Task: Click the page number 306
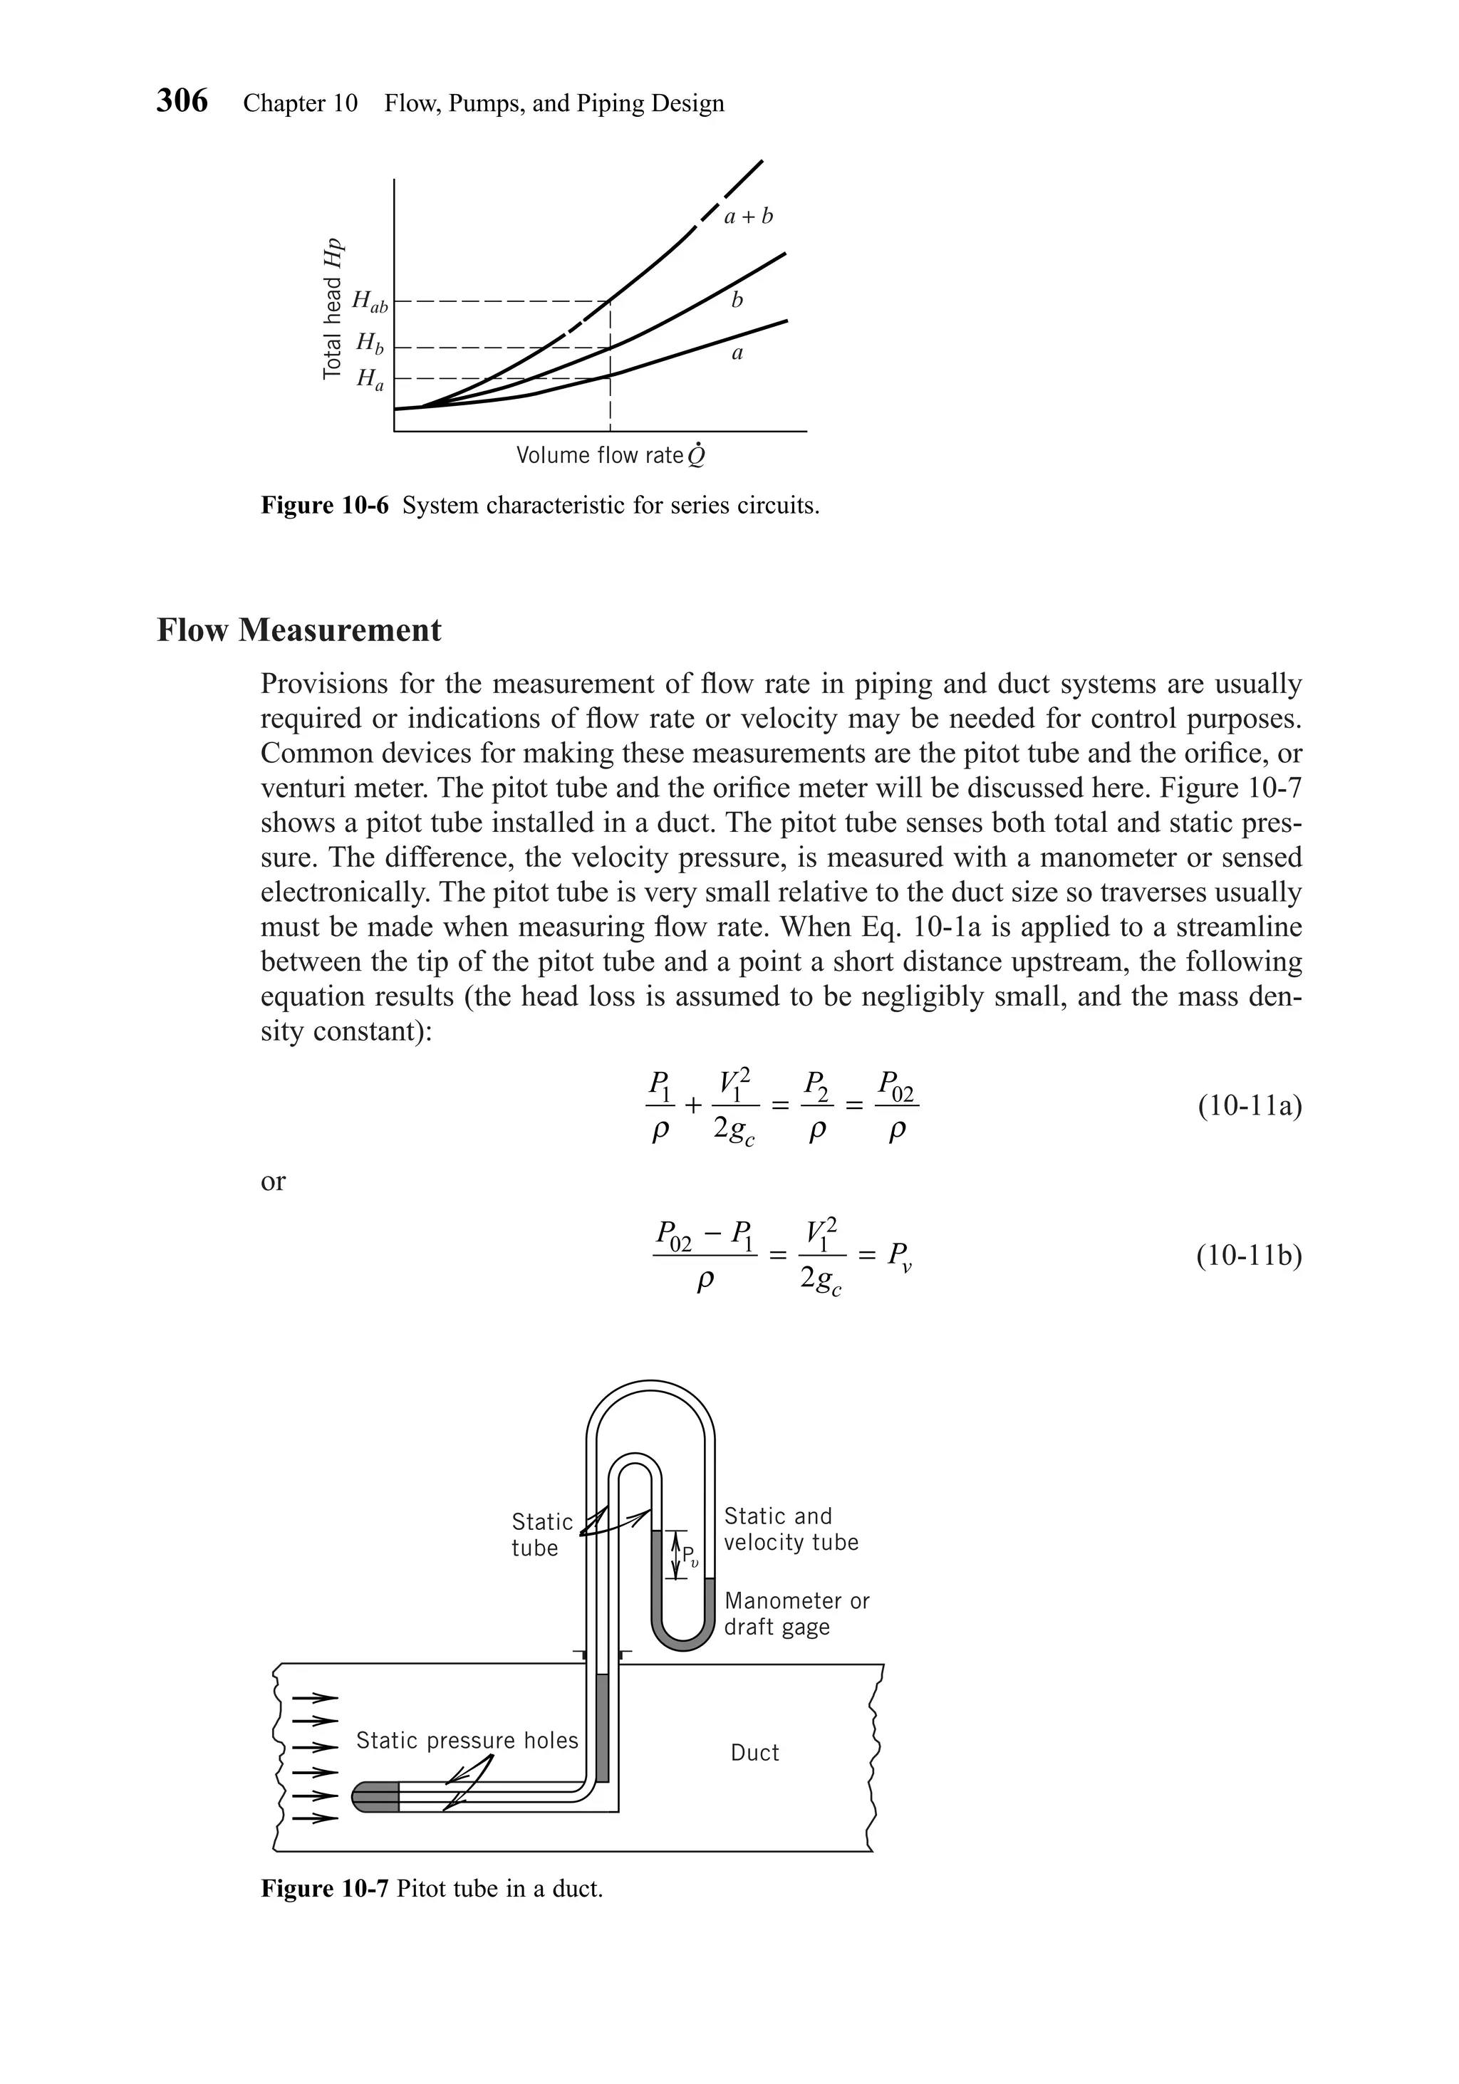(182, 100)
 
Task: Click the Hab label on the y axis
(370, 301)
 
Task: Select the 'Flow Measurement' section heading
(298, 630)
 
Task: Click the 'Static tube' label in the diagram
(541, 1534)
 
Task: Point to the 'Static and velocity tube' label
(790, 1528)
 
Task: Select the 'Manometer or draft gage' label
(796, 1613)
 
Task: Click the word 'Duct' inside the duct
(754, 1752)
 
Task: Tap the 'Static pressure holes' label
(467, 1740)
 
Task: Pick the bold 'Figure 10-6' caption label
(324, 506)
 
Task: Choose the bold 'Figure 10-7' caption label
(324, 1889)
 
